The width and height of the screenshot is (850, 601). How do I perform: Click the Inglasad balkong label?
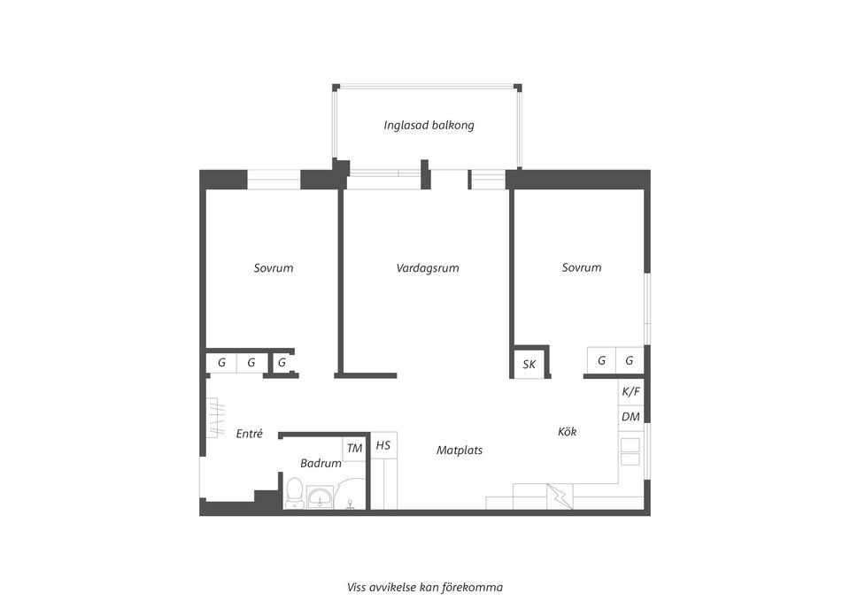(429, 125)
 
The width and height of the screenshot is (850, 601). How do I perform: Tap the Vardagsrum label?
(428, 267)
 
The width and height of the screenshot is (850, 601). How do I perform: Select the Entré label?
(250, 434)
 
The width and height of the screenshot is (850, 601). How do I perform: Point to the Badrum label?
(321, 463)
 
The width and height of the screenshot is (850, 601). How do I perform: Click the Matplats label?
(460, 450)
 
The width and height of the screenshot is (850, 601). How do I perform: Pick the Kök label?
(568, 432)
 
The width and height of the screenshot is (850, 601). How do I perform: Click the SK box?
(529, 364)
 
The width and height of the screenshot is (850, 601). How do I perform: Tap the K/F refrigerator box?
(631, 391)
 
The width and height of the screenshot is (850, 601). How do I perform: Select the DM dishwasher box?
(631, 417)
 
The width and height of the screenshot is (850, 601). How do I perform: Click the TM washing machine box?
(354, 448)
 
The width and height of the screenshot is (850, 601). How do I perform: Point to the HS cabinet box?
(383, 445)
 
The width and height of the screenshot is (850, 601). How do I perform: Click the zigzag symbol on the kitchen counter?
(560, 496)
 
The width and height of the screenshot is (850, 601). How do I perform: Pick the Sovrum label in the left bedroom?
(273, 267)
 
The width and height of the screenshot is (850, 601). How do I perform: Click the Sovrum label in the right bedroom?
(582, 267)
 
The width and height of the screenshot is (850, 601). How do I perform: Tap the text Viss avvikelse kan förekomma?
(425, 586)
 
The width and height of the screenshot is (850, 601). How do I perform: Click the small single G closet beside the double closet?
(282, 362)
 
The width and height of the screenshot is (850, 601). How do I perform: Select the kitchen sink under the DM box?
(630, 451)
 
